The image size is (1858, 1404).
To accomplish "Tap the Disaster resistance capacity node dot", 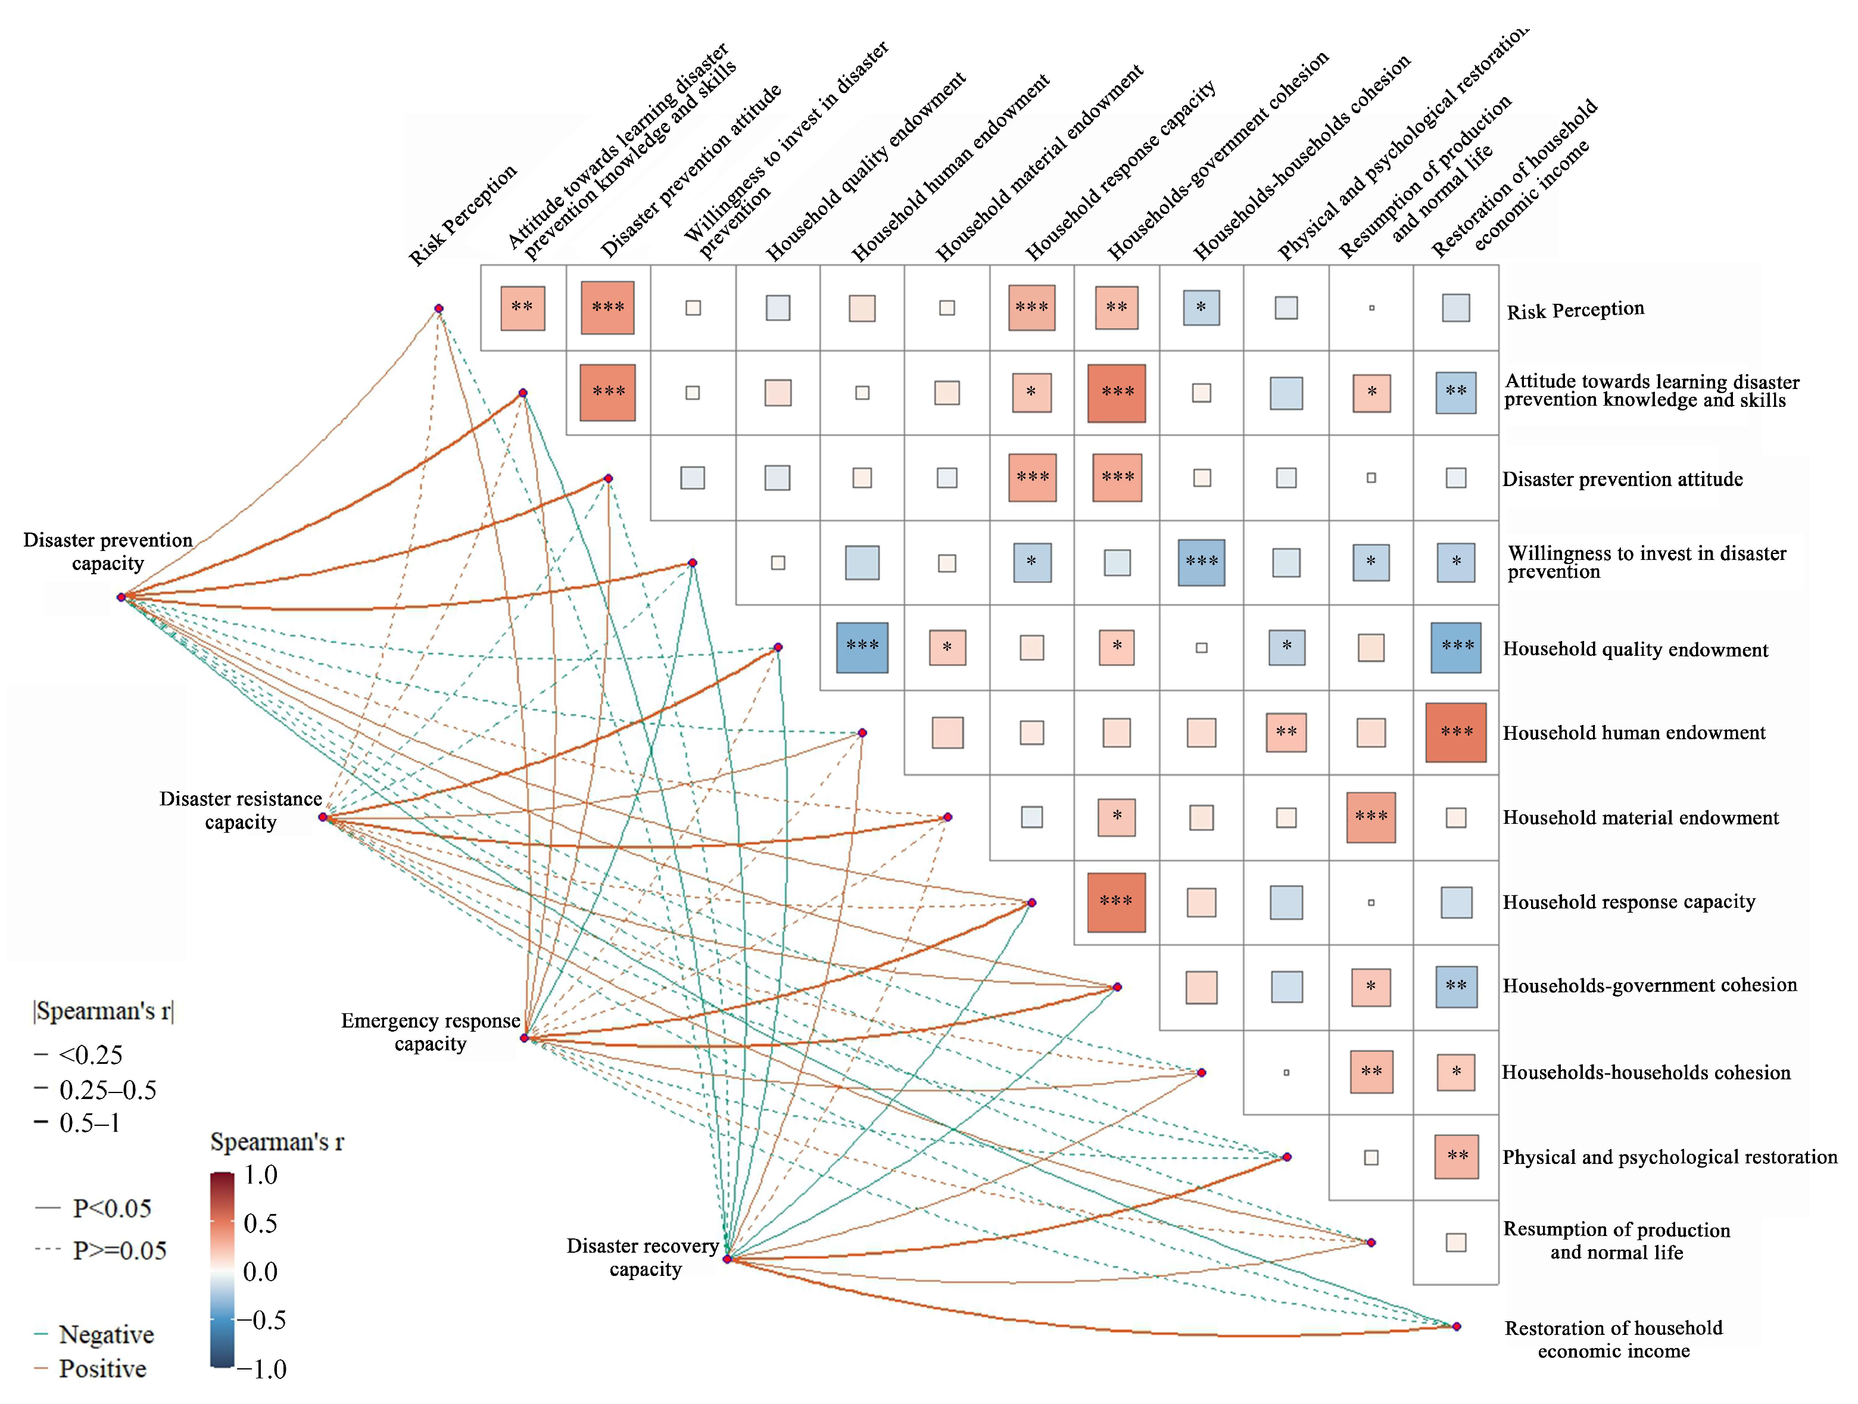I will tap(323, 817).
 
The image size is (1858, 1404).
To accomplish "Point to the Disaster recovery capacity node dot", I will tap(727, 1259).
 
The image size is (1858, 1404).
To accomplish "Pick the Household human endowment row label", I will tap(1633, 733).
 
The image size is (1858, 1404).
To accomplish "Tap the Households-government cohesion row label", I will tap(1649, 986).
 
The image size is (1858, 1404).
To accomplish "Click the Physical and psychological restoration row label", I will tap(1669, 1157).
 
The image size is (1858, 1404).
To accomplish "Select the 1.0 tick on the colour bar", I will tap(260, 1175).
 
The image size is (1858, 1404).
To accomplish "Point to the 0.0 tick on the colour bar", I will tap(260, 1271).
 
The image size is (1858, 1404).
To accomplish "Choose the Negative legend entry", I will tap(106, 1334).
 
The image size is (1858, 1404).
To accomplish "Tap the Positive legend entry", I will tap(102, 1369).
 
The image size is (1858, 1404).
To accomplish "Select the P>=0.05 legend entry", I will tap(119, 1250).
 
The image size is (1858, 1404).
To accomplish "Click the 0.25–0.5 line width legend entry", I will tap(108, 1089).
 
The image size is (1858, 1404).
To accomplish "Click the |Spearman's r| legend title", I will tap(103, 1011).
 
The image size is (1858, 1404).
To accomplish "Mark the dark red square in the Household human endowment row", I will tap(1455, 733).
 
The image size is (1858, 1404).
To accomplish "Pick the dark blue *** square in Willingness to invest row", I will tap(1201, 562).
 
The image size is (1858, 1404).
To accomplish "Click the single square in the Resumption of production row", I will tap(1455, 1242).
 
